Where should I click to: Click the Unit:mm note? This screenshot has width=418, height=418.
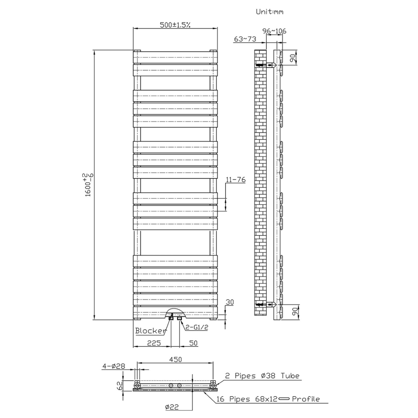coord(269,12)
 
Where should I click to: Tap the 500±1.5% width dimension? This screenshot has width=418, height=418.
coord(175,25)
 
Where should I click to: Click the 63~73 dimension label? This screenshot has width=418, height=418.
coord(245,39)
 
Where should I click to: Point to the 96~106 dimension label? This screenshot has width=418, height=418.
coord(274,31)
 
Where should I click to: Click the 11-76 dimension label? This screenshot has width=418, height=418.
coord(236,180)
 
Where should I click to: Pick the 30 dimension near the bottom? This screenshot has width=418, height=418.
coord(230,302)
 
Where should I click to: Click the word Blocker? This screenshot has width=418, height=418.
coord(151,331)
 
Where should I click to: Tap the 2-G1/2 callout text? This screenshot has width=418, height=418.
coord(196,327)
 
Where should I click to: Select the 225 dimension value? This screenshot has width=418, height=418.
coord(154,343)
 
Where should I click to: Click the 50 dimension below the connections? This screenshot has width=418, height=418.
coord(193,343)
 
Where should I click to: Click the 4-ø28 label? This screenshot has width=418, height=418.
coord(114,366)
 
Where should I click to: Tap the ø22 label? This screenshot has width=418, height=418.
coord(172,407)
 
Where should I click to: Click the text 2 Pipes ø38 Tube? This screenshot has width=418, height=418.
coord(262,376)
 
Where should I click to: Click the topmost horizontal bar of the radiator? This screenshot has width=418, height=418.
coord(175,57)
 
